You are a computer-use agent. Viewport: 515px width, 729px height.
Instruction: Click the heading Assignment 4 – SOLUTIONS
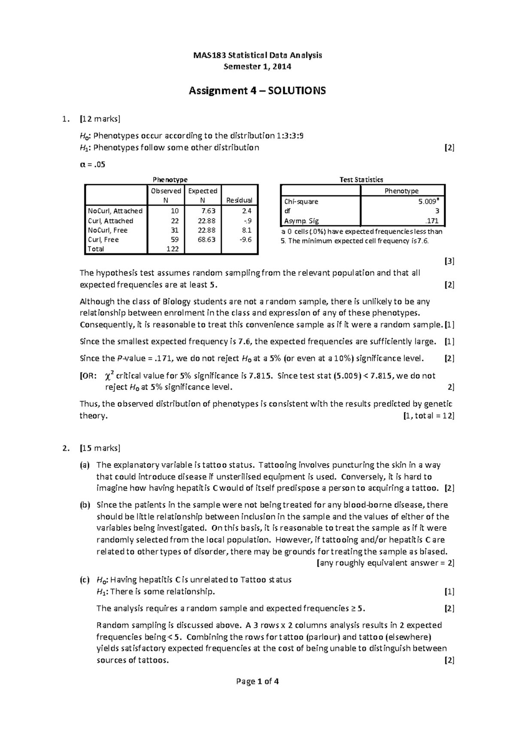tap(257, 91)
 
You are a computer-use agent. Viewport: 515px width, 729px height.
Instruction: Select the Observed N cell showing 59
tap(175, 240)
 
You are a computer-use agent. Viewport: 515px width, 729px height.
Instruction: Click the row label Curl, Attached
tap(110, 221)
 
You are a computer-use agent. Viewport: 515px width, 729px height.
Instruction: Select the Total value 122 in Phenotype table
tap(173, 249)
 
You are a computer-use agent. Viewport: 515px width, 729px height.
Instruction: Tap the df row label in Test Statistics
tap(287, 211)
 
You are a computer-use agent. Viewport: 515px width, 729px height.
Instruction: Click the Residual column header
tap(239, 200)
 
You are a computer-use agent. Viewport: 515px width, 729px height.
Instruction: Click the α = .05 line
tap(93, 164)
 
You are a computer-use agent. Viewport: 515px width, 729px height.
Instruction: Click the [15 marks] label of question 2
tap(100, 448)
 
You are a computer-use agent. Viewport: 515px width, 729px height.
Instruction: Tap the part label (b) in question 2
tap(85, 505)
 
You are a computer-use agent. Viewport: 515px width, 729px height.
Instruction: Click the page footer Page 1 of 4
tap(257, 681)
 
